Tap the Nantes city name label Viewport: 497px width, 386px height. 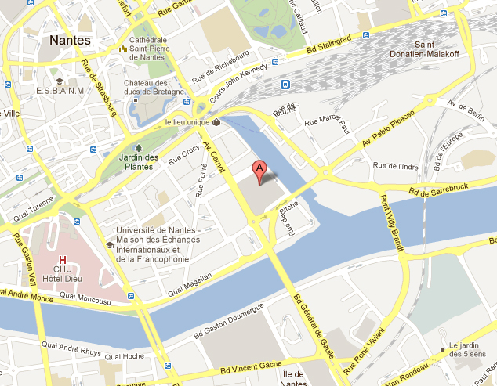(x=69, y=40)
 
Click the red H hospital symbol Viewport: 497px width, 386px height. (x=61, y=258)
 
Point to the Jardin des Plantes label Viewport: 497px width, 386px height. (x=142, y=162)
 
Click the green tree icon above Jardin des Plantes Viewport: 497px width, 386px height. (x=139, y=146)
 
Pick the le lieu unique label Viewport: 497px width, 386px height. (x=188, y=123)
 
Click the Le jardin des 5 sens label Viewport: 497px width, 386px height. (x=468, y=350)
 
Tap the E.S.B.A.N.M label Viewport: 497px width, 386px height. (x=59, y=92)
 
